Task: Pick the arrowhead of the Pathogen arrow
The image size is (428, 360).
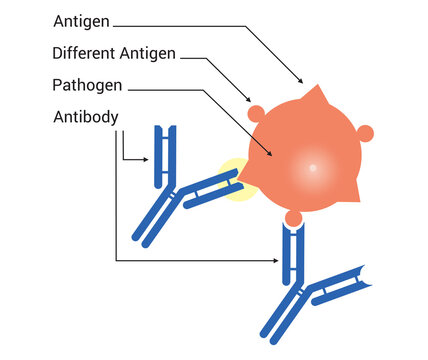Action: click(x=272, y=156)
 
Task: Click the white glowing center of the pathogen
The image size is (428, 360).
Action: click(x=312, y=166)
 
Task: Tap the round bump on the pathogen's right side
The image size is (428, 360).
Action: click(x=365, y=132)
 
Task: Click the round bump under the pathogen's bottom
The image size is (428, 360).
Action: click(x=294, y=217)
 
